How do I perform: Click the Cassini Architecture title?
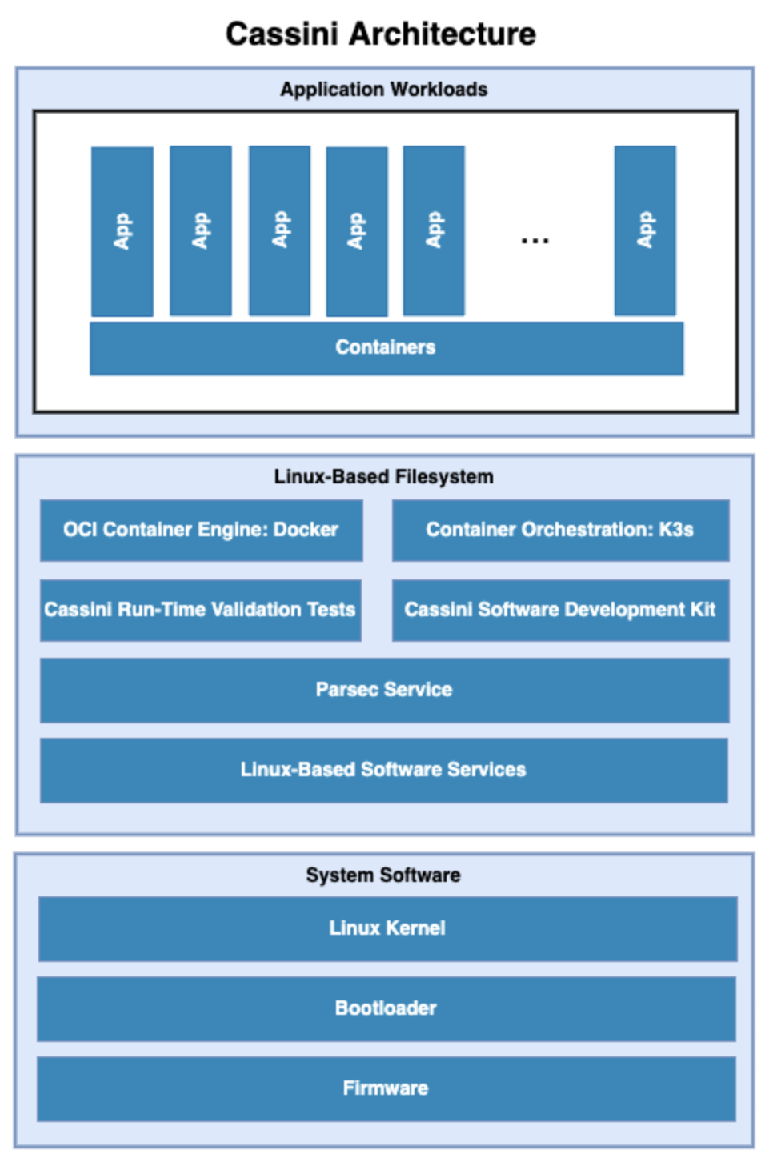[x=381, y=34]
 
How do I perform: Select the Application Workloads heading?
[x=383, y=89]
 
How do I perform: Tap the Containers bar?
[x=386, y=347]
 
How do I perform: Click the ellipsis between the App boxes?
[x=535, y=239]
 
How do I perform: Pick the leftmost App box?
[x=122, y=231]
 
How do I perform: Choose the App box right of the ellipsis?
[x=645, y=230]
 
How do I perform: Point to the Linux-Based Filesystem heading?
[x=383, y=476]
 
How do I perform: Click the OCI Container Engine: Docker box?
[x=201, y=530]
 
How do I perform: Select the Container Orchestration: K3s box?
[x=560, y=530]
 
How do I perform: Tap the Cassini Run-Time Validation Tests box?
[x=200, y=610]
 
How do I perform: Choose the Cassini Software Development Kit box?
[x=560, y=610]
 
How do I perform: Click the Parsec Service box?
[x=384, y=690]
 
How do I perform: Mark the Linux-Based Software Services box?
[x=384, y=770]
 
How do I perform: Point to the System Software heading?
[x=383, y=875]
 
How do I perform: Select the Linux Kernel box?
[x=387, y=928]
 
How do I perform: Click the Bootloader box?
[x=386, y=1008]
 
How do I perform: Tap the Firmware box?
[x=386, y=1088]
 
